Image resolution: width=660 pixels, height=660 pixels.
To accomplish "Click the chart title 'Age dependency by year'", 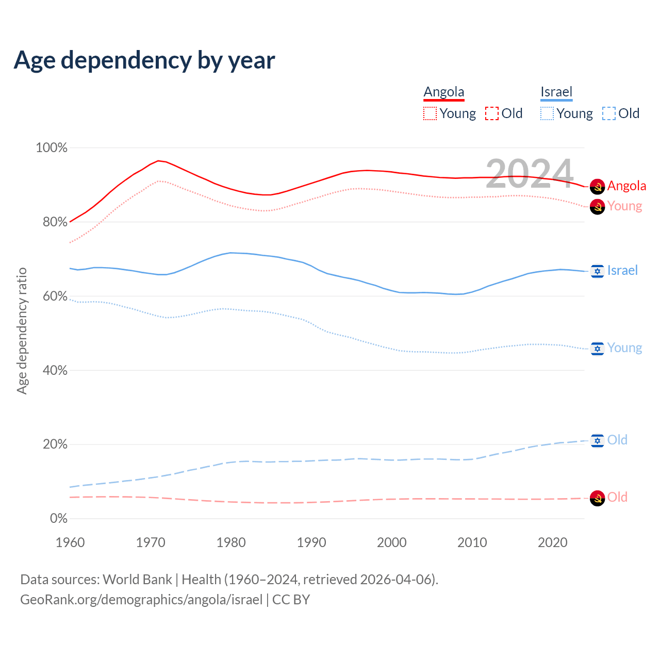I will (144, 60).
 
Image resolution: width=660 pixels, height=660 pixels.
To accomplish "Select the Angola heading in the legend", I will (444, 92).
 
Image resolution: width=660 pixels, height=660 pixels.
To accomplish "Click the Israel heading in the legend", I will (556, 92).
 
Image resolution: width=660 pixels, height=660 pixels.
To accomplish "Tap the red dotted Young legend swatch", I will (430, 113).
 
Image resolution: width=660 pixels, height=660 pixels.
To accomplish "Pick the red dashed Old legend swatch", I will (492, 113).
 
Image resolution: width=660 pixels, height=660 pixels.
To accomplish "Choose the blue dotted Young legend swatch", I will (547, 113).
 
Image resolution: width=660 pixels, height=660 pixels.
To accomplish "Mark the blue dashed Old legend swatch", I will (609, 113).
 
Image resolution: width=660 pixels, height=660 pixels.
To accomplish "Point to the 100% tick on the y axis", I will (52, 148).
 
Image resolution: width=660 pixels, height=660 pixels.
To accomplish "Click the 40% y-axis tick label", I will (54, 370).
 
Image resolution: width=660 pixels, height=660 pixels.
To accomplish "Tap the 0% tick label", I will (58, 519).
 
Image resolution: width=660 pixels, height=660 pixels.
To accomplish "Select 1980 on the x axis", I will (231, 542).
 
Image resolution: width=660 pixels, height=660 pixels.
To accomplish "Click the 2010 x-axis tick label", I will (472, 542).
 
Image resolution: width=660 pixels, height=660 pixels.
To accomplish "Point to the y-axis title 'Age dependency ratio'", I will (22, 331).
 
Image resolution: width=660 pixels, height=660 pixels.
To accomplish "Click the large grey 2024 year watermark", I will (530, 174).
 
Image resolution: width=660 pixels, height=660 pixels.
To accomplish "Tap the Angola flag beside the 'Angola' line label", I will (597, 186).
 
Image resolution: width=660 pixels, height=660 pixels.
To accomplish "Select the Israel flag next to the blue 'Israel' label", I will (597, 271).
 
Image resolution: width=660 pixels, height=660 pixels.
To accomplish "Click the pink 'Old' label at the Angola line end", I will (617, 497).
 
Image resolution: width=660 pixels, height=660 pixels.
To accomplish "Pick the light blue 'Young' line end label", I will (624, 348).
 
